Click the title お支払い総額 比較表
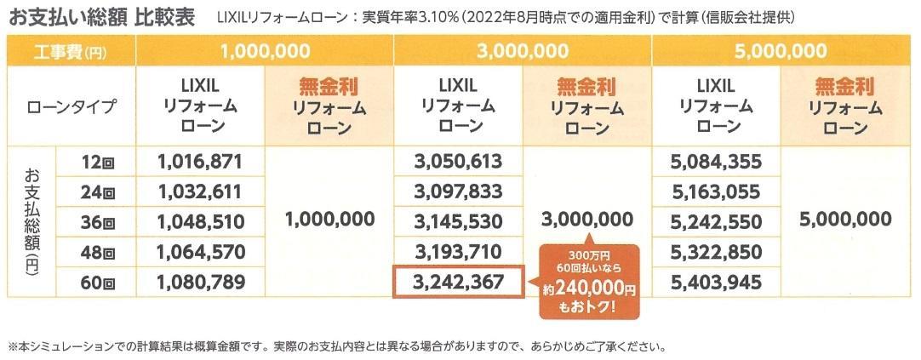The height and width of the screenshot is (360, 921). pos(101,17)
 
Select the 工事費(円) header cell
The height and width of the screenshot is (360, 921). pos(71,51)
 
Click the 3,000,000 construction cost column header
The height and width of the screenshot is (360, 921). pos(523,51)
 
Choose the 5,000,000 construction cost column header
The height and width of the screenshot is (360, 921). pos(781,51)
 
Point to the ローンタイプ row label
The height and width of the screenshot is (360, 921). pos(71,107)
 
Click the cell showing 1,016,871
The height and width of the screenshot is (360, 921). pos(201,160)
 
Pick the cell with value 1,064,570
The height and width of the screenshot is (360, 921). pos(201,252)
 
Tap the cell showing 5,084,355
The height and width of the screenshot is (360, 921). pos(716,160)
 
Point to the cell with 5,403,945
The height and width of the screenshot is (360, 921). pos(716,282)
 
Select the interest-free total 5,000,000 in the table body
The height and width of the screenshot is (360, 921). pos(846,220)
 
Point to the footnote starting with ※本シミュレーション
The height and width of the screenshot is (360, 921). pos(332,347)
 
